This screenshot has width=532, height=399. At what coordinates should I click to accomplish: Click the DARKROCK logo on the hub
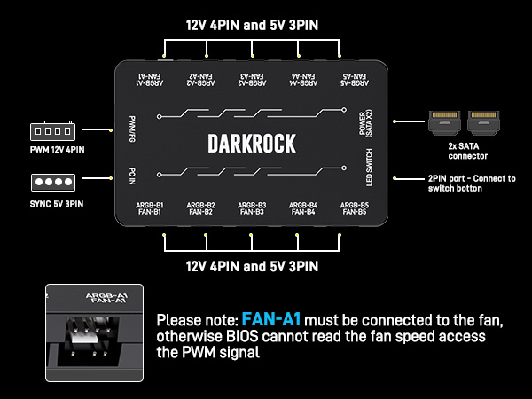(x=251, y=143)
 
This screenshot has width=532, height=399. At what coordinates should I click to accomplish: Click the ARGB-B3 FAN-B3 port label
(x=252, y=208)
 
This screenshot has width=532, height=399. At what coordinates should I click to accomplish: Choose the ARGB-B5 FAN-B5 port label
(x=354, y=208)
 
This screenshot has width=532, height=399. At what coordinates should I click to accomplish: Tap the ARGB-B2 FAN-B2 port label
(x=201, y=208)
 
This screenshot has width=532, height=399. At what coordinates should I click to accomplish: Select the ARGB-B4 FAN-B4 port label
(x=303, y=208)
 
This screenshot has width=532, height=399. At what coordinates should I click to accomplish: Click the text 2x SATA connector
(x=467, y=151)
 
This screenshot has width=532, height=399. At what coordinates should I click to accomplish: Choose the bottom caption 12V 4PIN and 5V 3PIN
(x=251, y=265)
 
